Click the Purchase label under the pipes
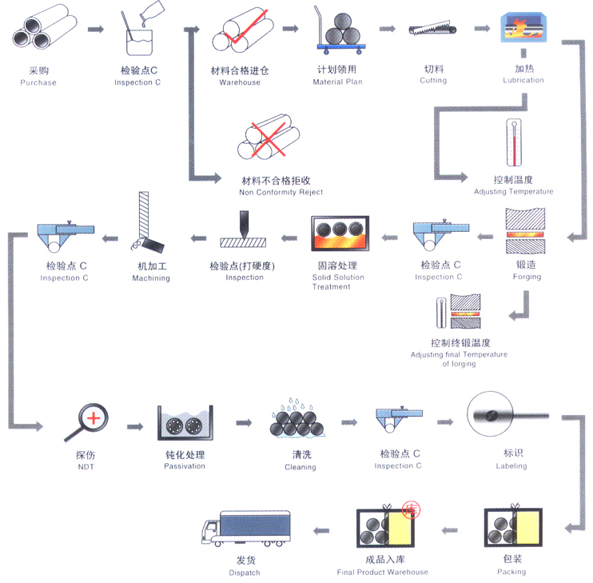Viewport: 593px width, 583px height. coord(38,82)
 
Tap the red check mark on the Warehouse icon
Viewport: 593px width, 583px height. coord(246,27)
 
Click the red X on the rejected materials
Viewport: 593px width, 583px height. coord(269,139)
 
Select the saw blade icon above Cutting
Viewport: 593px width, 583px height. coord(432,28)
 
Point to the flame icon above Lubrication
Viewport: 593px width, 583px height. coord(523,27)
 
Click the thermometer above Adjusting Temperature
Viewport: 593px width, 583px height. coord(514,142)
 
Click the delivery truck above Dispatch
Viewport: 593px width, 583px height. coord(246,529)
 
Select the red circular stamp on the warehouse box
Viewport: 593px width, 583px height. coord(411,510)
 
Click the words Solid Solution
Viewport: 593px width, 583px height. coord(338,278)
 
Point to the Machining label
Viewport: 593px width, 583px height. coord(151,278)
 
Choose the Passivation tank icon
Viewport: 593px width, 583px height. coord(185,423)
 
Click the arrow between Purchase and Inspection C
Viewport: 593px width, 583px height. coord(96,30)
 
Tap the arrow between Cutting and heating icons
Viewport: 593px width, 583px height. coord(482,28)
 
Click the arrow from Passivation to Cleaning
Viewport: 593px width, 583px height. coord(244,422)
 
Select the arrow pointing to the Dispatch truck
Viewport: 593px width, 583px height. coord(321,531)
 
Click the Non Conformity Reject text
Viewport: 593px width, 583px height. coord(281,192)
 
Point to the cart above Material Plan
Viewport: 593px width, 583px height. coord(340,32)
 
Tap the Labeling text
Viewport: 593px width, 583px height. coord(511,466)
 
